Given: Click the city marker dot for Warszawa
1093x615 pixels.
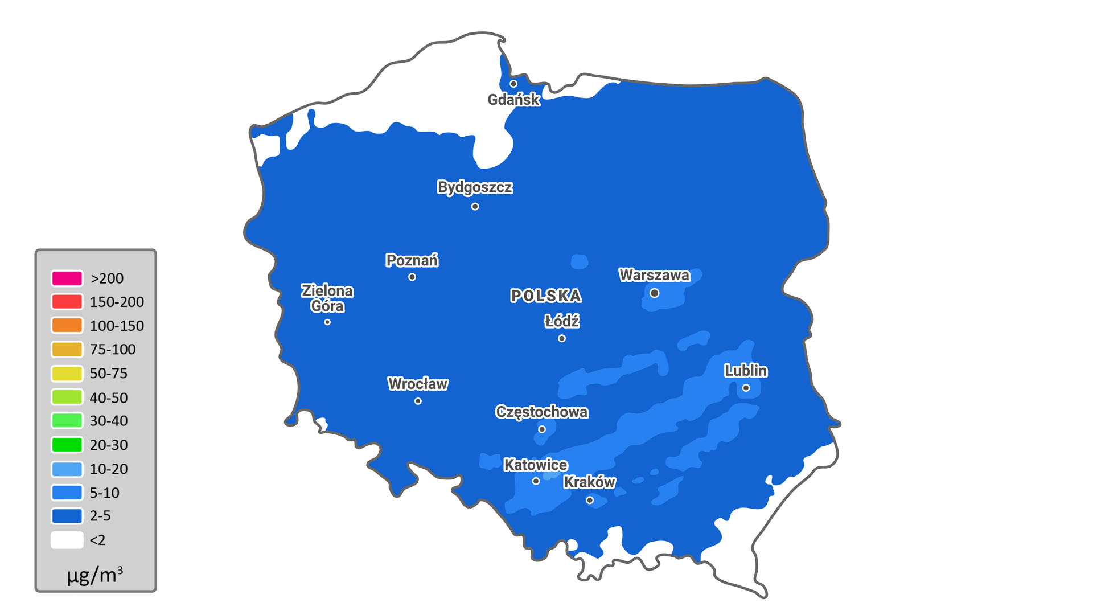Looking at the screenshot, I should click(x=654, y=293).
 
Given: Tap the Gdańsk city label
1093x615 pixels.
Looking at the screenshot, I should click(x=513, y=100).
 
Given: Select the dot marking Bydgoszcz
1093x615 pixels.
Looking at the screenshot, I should click(x=475, y=206).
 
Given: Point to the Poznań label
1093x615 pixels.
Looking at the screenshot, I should click(x=412, y=260).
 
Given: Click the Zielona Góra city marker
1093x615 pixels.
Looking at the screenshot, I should click(x=327, y=322).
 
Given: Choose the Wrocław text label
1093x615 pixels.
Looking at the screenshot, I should click(x=418, y=384).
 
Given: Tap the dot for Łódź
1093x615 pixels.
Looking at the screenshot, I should click(x=562, y=338).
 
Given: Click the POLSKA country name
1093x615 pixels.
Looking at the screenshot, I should click(x=545, y=296).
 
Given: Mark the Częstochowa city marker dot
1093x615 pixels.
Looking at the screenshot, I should click(x=542, y=429).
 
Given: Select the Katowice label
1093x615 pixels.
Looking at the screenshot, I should click(x=536, y=465).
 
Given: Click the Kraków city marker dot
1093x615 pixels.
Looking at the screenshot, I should click(x=590, y=500).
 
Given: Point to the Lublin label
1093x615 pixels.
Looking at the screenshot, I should click(x=746, y=371).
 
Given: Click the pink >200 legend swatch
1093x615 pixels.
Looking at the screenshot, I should click(x=67, y=278).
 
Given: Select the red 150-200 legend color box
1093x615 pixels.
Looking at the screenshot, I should click(x=67, y=302).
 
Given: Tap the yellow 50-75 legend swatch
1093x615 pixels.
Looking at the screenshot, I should click(x=67, y=374).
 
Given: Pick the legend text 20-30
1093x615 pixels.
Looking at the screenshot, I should click(x=109, y=445).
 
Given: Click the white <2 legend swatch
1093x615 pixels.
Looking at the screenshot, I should click(x=67, y=540).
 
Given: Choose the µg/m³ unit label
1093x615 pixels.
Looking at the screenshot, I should click(x=95, y=575).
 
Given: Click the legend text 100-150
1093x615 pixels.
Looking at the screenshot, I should click(x=117, y=326).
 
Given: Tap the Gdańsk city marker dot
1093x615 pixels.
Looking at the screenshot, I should click(x=513, y=84).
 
